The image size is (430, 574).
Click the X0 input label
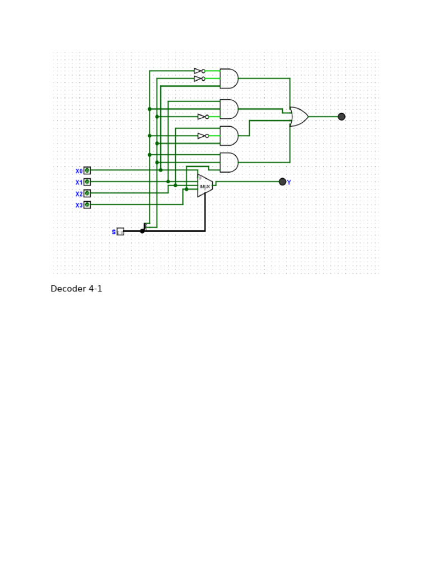[79, 171]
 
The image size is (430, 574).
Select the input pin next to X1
[87, 182]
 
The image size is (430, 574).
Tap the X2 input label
[79, 194]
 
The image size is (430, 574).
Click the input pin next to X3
[87, 205]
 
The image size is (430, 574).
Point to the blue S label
[114, 232]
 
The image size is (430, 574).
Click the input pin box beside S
[120, 232]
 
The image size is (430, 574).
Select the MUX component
[205, 186]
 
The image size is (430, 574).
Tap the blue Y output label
[289, 183]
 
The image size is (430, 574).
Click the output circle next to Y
[282, 182]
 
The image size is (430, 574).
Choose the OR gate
[299, 117]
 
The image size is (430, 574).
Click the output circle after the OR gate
[342, 117]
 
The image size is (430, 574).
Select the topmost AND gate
[228, 78]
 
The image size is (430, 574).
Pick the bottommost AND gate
[228, 163]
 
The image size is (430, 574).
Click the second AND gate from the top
[228, 109]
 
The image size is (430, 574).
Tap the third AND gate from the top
[228, 136]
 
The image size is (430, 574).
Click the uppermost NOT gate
[199, 71]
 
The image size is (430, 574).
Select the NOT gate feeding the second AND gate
[203, 117]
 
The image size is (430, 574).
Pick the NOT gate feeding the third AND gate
[203, 136]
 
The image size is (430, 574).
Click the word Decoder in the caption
[68, 289]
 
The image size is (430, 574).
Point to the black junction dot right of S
[142, 231]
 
